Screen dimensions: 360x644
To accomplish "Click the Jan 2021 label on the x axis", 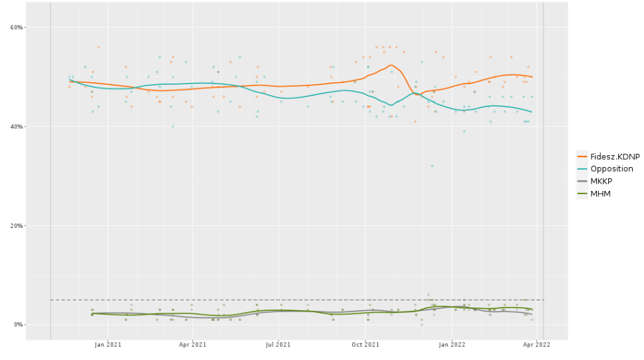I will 108,345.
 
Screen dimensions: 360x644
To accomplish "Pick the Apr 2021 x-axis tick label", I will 192,345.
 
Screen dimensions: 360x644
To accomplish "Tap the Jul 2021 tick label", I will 279,345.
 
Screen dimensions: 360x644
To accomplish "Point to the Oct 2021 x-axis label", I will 365,345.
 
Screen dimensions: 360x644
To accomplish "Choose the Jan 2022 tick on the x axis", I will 452,345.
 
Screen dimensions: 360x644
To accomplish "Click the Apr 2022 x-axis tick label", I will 537,345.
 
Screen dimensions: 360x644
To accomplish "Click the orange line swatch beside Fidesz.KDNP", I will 583,156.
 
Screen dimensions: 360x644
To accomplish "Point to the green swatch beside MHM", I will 583,194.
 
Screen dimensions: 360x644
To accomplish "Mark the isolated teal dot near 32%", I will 432,166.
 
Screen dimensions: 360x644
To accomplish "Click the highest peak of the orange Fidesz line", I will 391,65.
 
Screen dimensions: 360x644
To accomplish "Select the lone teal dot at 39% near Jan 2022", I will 464,131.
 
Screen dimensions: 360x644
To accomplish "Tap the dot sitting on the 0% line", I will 421,324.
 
